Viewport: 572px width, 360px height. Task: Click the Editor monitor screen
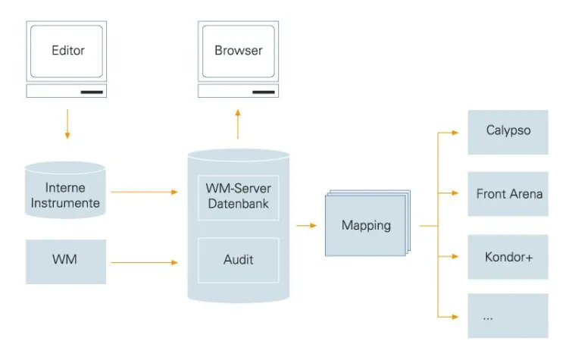pos(67,51)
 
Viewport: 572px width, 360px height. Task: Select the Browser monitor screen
pos(239,51)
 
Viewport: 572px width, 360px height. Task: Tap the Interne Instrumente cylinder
pos(65,194)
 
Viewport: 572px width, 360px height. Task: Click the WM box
pos(65,261)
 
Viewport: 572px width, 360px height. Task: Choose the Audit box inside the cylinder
pos(238,260)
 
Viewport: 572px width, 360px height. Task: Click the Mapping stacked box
pos(366,226)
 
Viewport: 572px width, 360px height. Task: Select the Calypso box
pos(508,131)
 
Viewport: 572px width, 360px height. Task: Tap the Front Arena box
pos(508,194)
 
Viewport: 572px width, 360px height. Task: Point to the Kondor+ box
pos(508,257)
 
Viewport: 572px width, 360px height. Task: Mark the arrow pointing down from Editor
pos(67,124)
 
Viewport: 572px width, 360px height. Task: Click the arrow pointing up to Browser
pos(238,124)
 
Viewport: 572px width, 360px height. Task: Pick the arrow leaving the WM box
pos(145,263)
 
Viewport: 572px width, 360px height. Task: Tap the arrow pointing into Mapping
pos(307,226)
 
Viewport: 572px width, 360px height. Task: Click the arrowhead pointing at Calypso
pos(455,132)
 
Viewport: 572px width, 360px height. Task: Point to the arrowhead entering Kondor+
pos(455,256)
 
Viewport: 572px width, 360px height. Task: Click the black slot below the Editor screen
pos(92,92)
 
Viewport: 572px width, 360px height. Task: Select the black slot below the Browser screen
pos(263,92)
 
